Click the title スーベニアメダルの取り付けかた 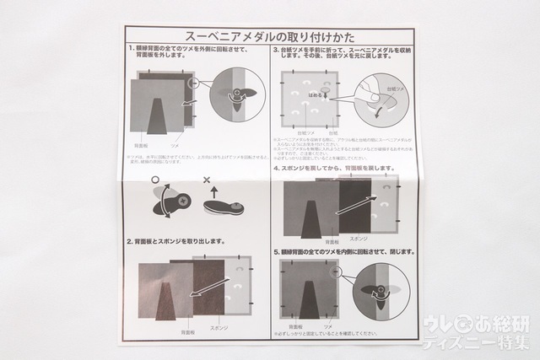coord(269,37)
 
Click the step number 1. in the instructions coord(132,51)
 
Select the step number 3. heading coord(276,51)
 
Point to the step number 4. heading coord(276,169)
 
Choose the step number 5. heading coord(276,251)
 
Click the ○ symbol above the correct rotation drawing coord(155,179)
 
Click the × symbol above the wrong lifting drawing coord(208,179)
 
